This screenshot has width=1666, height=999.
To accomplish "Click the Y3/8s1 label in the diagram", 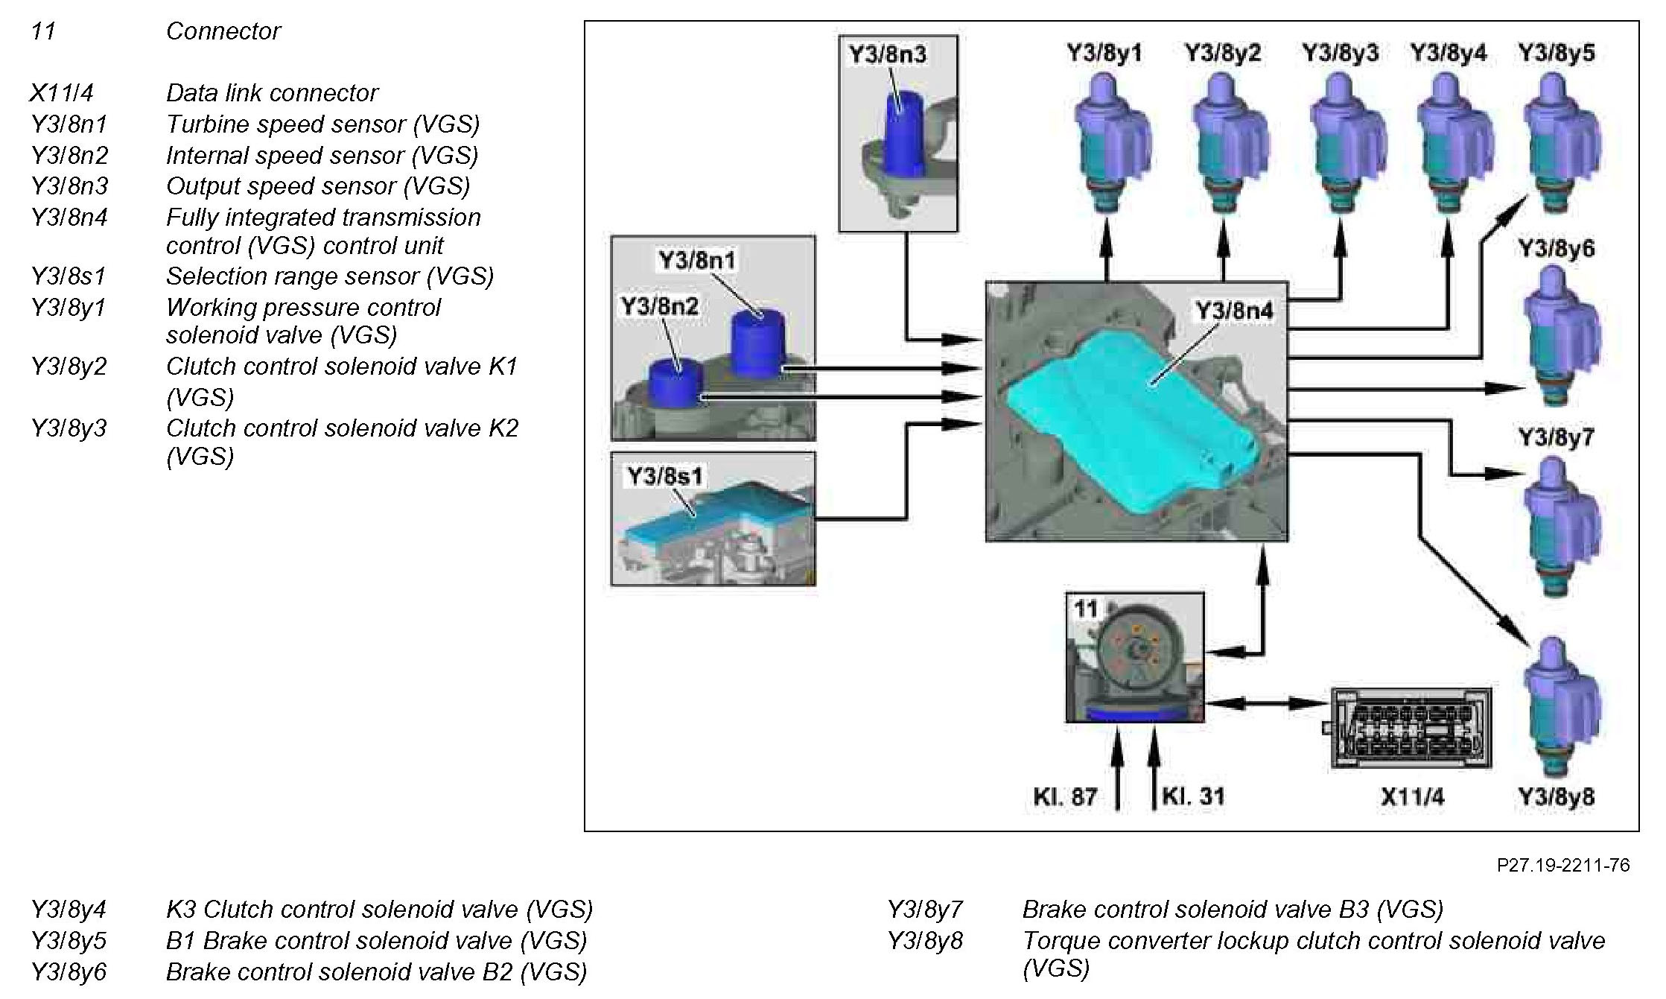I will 665,475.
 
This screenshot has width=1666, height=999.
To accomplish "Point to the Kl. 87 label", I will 1064,797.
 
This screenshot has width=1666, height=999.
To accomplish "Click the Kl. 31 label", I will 1193,796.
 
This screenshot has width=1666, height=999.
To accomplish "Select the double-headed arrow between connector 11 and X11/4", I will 1267,703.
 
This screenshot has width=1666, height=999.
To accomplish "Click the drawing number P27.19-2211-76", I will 1562,865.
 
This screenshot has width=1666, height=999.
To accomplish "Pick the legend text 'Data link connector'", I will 272,93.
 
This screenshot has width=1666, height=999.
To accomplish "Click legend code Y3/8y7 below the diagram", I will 924,909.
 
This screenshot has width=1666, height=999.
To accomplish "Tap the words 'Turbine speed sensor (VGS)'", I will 322,124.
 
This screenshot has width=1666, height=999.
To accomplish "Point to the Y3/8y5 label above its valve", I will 1557,53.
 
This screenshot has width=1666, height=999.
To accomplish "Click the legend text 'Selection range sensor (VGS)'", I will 329,276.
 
